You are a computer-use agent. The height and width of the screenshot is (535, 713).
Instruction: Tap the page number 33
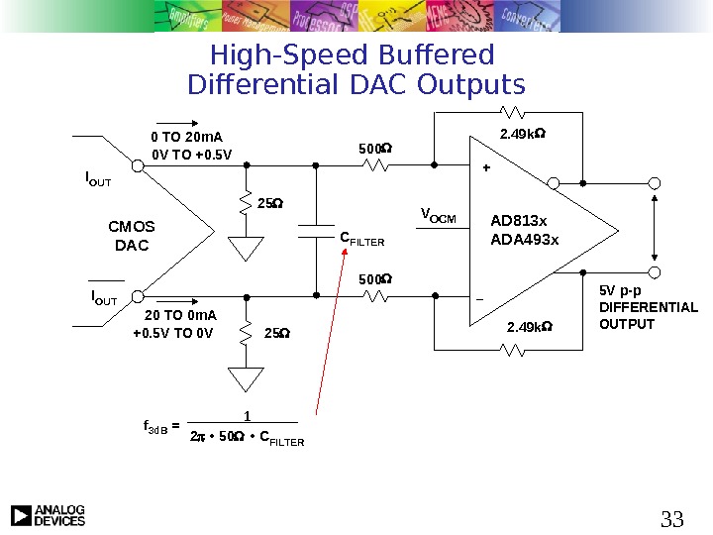click(672, 518)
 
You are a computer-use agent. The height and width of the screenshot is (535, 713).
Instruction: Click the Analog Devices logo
click(48, 515)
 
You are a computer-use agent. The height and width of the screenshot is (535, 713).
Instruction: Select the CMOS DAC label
click(132, 236)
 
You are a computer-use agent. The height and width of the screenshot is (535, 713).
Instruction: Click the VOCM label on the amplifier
click(439, 215)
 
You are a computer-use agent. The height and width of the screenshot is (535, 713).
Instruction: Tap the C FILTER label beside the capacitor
click(361, 239)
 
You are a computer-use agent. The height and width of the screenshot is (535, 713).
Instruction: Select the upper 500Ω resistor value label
click(374, 150)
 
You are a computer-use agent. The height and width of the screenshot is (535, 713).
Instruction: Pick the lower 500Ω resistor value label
click(374, 279)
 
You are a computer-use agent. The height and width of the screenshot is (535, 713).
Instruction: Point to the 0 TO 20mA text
click(187, 137)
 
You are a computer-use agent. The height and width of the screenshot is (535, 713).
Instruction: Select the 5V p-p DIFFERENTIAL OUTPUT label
click(649, 308)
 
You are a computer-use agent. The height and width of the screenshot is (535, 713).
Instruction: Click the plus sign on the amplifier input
click(485, 168)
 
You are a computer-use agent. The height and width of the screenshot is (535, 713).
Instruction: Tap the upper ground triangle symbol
click(246, 247)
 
